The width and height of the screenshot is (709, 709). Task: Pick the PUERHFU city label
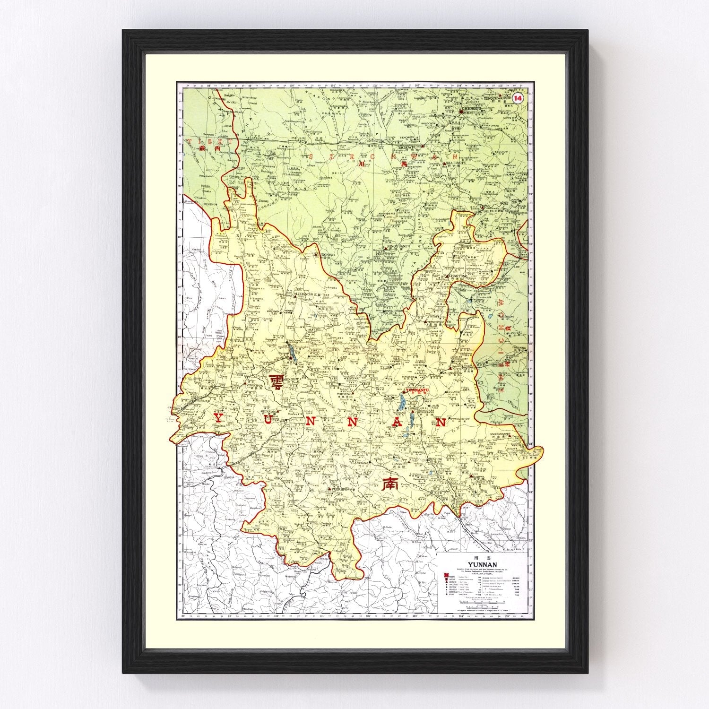pyautogui.click(x=340, y=490)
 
